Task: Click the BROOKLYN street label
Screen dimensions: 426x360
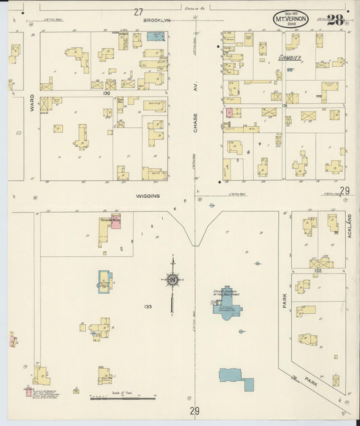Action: coord(157,21)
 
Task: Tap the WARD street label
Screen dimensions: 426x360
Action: coord(31,103)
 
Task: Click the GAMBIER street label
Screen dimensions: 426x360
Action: coord(289,59)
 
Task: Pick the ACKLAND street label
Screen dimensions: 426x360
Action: coord(349,223)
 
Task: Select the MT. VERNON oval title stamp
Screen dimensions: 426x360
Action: coord(291,20)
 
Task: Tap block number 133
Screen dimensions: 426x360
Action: coord(148,307)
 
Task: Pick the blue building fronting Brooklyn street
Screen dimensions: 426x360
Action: coord(156,35)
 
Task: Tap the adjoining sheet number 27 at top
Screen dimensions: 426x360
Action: coord(138,11)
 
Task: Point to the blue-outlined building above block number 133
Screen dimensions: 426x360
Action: coord(105,280)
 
